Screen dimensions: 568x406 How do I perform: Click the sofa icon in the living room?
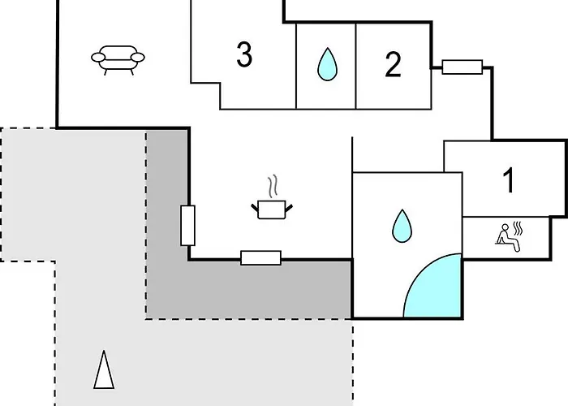(118, 60)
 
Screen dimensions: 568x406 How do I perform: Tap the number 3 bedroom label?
(244, 54)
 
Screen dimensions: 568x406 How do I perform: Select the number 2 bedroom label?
(393, 64)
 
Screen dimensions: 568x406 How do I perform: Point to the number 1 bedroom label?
(510, 179)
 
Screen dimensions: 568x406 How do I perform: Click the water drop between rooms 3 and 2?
(327, 64)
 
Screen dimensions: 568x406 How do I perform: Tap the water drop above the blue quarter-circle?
(402, 226)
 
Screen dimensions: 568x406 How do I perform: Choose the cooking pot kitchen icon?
(272, 209)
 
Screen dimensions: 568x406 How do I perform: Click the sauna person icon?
(507, 237)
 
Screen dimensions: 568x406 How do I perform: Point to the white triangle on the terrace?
(104, 369)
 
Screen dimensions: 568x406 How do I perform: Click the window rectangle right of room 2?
(463, 67)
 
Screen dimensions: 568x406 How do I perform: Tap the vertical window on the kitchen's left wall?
(187, 226)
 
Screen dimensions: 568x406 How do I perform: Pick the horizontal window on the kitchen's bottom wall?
(260, 257)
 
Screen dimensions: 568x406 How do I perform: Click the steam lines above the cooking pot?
(273, 186)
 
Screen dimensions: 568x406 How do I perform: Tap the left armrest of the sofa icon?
(98, 58)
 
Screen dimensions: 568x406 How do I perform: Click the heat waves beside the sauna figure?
(518, 228)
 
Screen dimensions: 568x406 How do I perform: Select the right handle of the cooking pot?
(289, 208)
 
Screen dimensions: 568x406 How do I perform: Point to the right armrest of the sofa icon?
(138, 58)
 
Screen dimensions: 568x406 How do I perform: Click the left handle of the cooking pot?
(255, 208)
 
